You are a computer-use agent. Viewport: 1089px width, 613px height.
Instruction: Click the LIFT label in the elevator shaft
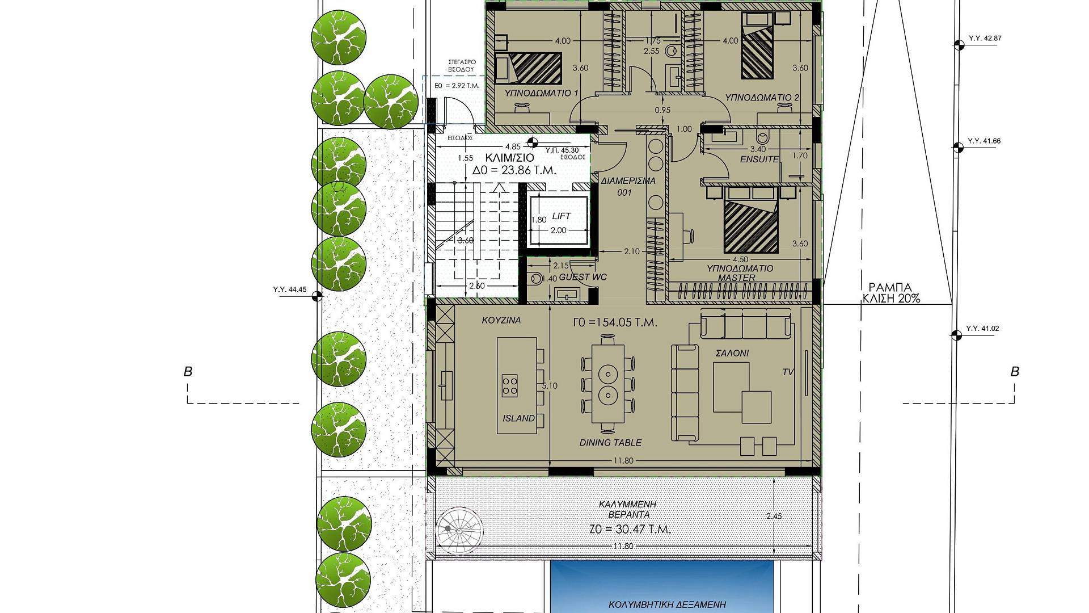[x=561, y=216]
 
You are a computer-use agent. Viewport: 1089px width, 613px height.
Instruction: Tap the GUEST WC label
[x=583, y=277]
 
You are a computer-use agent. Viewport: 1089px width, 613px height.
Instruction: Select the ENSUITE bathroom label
[x=759, y=159]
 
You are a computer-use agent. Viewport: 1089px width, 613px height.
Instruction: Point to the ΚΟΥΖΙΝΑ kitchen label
[x=501, y=320]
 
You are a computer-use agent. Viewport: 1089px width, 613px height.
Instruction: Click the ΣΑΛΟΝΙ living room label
[x=732, y=353]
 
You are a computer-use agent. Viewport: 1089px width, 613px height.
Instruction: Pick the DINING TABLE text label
[x=610, y=443]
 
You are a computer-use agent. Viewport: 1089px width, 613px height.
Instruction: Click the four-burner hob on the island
[x=509, y=385]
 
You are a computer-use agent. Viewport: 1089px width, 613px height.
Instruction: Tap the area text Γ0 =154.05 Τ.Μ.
[x=615, y=322]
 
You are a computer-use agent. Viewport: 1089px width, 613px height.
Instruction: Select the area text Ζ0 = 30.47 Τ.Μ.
[x=630, y=529]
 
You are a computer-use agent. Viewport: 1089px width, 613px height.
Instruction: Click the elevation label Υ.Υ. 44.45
[x=290, y=289]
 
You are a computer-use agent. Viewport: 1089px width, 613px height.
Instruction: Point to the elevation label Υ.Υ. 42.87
[x=985, y=39]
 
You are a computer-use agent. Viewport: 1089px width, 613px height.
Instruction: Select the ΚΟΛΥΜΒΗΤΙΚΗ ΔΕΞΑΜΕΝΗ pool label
[x=668, y=605]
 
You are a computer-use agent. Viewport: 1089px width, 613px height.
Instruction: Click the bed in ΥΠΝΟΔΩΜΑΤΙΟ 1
[x=529, y=68]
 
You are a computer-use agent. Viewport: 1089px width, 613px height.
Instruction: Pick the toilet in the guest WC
[x=535, y=279]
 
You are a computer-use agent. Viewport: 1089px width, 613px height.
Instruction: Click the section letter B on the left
[x=188, y=372]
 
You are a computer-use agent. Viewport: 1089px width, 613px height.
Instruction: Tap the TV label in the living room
[x=788, y=372]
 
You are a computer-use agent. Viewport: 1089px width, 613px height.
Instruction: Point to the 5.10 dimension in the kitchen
[x=550, y=386]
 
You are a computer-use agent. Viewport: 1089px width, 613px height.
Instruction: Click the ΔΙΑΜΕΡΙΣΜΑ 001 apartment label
[x=628, y=187]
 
